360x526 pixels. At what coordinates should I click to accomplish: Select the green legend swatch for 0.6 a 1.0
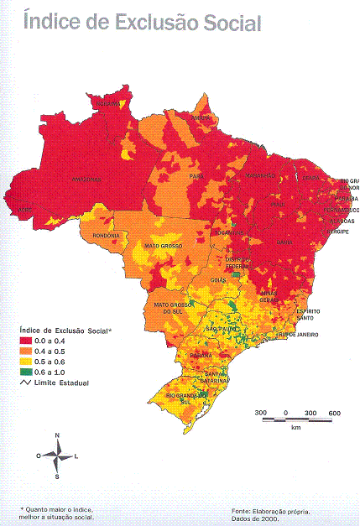(x=26, y=372)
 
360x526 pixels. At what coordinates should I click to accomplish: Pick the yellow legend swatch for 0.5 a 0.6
(x=26, y=362)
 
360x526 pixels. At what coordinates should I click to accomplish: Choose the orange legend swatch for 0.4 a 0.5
(x=26, y=352)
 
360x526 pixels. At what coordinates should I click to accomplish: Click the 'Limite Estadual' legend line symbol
(x=26, y=383)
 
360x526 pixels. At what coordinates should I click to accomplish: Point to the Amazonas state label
(x=86, y=180)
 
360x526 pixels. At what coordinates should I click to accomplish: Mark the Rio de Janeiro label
(x=298, y=335)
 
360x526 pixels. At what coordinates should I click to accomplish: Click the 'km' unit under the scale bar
(x=295, y=428)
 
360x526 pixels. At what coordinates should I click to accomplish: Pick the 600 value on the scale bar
(x=333, y=414)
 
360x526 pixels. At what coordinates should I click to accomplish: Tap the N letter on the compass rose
(x=56, y=435)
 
